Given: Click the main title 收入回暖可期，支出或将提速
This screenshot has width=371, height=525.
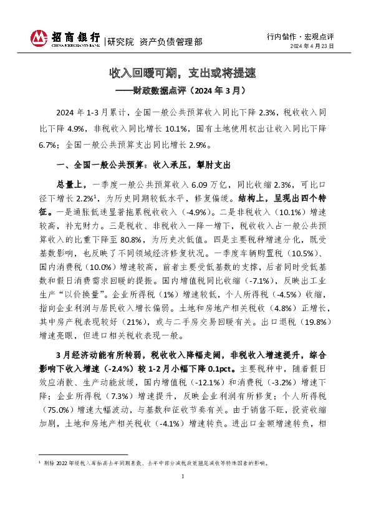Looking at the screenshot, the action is point(185,74).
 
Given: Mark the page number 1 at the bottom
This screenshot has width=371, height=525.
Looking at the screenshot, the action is point(185,494).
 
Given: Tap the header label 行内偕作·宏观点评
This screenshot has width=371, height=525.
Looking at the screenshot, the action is point(307,37).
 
